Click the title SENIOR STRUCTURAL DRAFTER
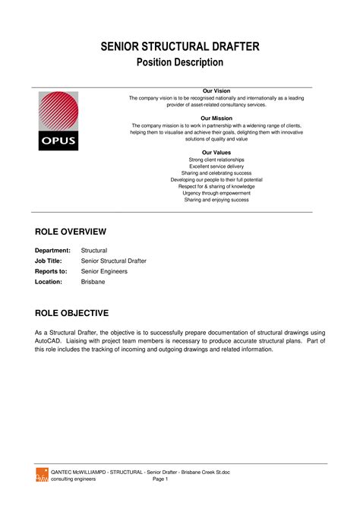(x=180, y=47)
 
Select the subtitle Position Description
(x=180, y=62)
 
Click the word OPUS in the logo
(x=58, y=141)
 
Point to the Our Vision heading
(x=216, y=91)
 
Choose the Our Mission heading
(x=216, y=119)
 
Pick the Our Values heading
(x=216, y=153)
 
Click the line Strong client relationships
(x=216, y=160)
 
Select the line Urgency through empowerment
(x=216, y=193)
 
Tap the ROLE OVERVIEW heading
(x=71, y=231)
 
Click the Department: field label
(x=53, y=250)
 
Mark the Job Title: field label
(x=51, y=261)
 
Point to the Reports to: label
(x=52, y=270)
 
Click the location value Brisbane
(x=93, y=281)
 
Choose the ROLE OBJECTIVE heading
(x=72, y=313)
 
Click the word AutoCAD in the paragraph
(x=49, y=341)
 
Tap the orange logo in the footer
(x=42, y=475)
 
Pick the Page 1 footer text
(x=160, y=479)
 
